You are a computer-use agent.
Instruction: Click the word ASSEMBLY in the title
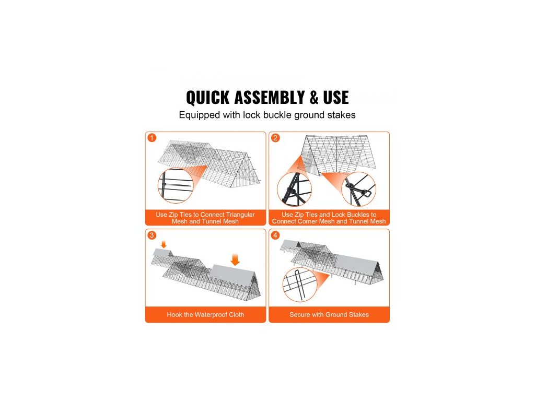click(270, 98)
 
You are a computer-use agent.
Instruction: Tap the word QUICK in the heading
click(207, 98)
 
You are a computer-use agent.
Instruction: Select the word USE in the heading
click(336, 98)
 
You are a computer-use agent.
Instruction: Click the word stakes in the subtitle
click(341, 115)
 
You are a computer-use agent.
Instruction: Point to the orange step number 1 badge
click(152, 138)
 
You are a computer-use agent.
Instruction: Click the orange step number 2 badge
click(275, 138)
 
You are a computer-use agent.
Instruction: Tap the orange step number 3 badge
click(152, 235)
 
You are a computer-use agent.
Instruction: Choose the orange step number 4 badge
click(275, 235)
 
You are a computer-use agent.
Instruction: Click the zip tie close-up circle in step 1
click(176, 186)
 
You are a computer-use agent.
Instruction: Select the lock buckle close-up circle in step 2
click(358, 189)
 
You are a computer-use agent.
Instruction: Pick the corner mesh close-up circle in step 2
click(294, 189)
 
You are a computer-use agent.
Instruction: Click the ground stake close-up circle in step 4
click(300, 285)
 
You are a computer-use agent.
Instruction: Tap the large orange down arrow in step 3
click(235, 260)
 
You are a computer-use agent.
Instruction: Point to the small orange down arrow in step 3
click(164, 244)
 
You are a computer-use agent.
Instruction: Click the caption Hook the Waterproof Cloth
click(205, 315)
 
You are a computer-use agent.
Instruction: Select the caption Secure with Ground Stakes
click(329, 315)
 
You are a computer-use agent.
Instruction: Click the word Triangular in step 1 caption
click(240, 215)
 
